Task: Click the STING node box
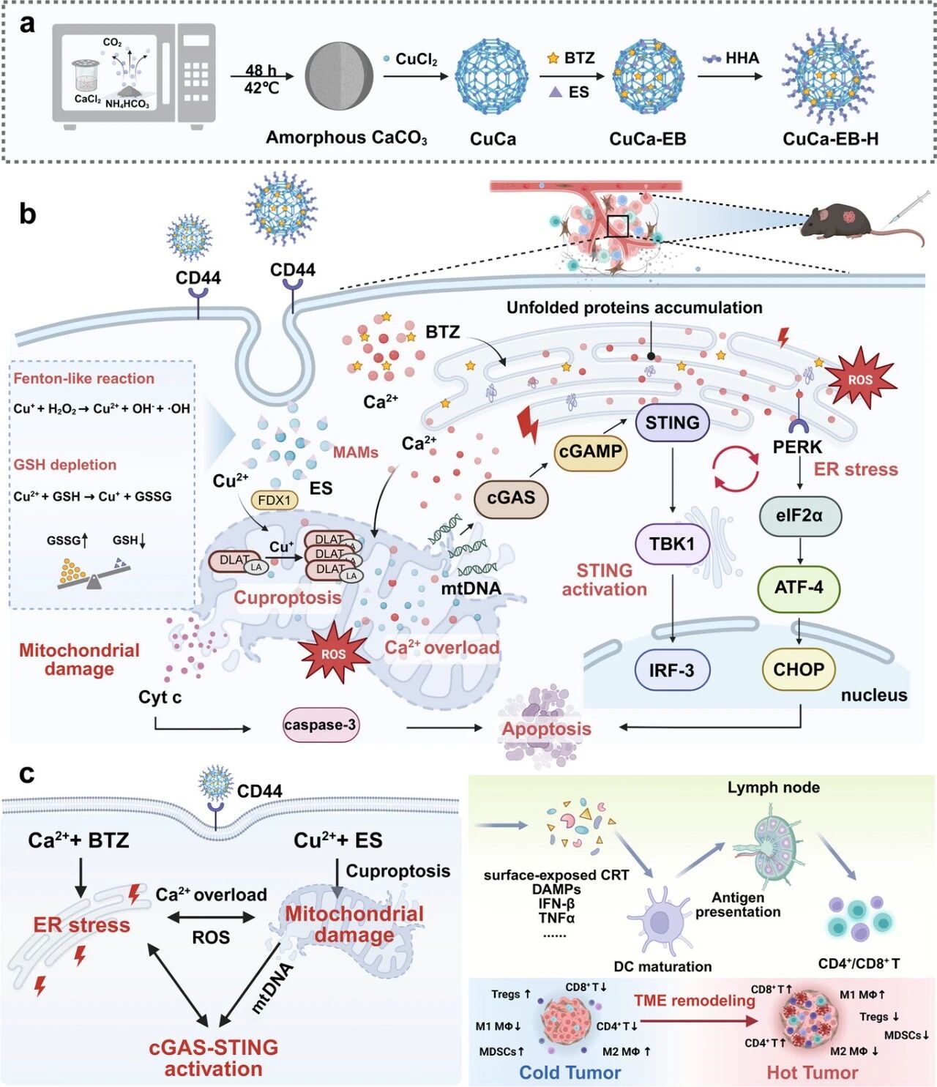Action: (x=672, y=422)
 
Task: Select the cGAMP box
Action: (x=590, y=452)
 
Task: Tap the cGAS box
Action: (x=511, y=498)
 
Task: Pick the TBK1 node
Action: (x=671, y=544)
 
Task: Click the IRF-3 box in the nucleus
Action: (x=671, y=670)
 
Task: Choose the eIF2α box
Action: (x=799, y=515)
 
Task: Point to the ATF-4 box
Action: (x=799, y=587)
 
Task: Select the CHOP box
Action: (x=799, y=669)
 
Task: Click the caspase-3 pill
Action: (x=321, y=725)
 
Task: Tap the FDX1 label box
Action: (x=275, y=500)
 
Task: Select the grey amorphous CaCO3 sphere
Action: (x=339, y=75)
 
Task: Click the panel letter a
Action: (x=28, y=24)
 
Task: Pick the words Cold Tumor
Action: (x=570, y=1072)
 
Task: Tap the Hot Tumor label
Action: (x=812, y=1072)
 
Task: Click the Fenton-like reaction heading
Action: (x=84, y=378)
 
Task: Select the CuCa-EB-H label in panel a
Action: (x=830, y=139)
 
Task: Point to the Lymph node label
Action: (x=773, y=788)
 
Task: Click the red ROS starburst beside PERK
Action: (x=861, y=379)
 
